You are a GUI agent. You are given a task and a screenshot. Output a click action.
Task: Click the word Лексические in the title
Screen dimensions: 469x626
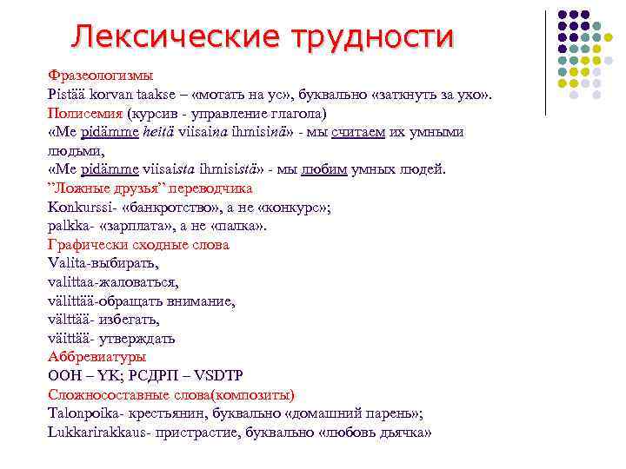click(160, 36)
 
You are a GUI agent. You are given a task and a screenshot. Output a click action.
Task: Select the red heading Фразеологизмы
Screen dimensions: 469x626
click(101, 76)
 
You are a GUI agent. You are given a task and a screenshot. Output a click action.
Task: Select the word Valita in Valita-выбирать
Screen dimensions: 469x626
click(66, 263)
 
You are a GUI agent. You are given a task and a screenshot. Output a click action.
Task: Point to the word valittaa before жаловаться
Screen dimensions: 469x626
click(73, 282)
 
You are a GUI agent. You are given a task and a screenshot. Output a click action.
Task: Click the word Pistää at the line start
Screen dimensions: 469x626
click(66, 95)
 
